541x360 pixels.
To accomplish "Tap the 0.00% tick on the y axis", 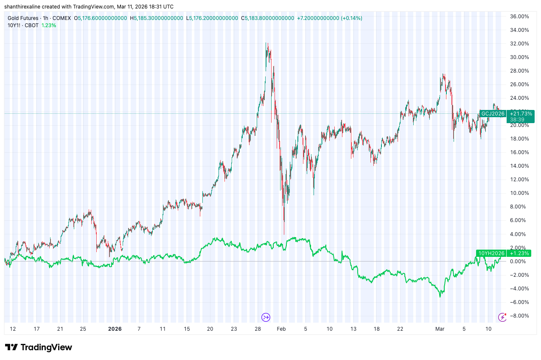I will [519, 261].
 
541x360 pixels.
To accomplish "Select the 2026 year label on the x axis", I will [115, 329].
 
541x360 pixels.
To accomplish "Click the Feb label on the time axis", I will [281, 329].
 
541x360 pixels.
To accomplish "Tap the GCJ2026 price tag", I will [493, 113].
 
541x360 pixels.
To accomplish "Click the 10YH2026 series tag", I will [491, 253].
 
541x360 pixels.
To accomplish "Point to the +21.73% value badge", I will [520, 113].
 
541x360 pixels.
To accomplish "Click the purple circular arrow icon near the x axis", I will [266, 317].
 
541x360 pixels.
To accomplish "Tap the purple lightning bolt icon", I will [502, 317].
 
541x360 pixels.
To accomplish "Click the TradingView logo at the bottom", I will [39, 347].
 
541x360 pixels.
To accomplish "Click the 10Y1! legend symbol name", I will [15, 25].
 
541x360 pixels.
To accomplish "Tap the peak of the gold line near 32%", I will [266, 43].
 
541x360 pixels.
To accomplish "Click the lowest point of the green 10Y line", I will [440, 296].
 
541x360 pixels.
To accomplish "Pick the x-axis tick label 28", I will [258, 329].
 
